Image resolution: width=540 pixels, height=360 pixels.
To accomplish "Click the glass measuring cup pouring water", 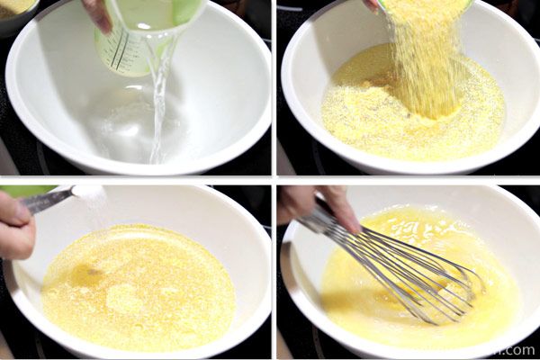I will [135, 40].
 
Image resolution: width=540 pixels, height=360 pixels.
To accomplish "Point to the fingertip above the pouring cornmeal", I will [371, 4].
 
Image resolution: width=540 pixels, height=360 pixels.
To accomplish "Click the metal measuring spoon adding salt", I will [49, 199].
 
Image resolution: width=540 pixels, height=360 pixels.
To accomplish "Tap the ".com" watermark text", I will [520, 350].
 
